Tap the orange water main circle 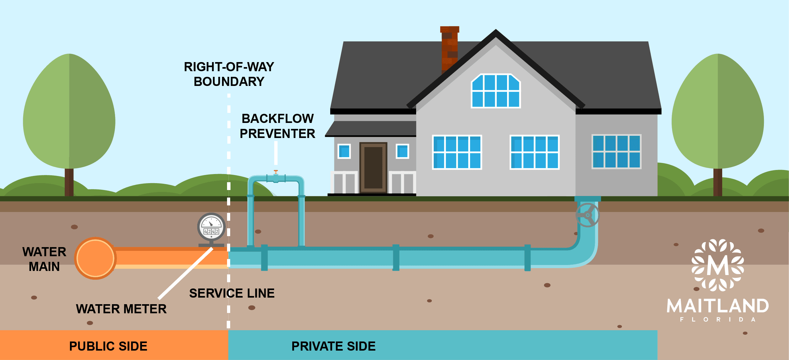tap(95, 258)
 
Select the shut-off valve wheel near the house tap(587, 215)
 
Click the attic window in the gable tap(496, 91)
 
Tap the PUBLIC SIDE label tap(108, 346)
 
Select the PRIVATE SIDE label tap(333, 346)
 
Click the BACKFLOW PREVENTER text tap(278, 126)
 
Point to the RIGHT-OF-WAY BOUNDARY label tap(229, 74)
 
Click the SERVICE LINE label tap(232, 293)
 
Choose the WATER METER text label tap(121, 309)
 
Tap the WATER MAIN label tap(44, 259)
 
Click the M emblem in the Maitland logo tap(718, 265)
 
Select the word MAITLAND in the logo tap(718, 306)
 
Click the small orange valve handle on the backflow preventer tap(276, 172)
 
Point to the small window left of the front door tap(344, 151)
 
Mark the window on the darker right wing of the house tap(616, 152)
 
